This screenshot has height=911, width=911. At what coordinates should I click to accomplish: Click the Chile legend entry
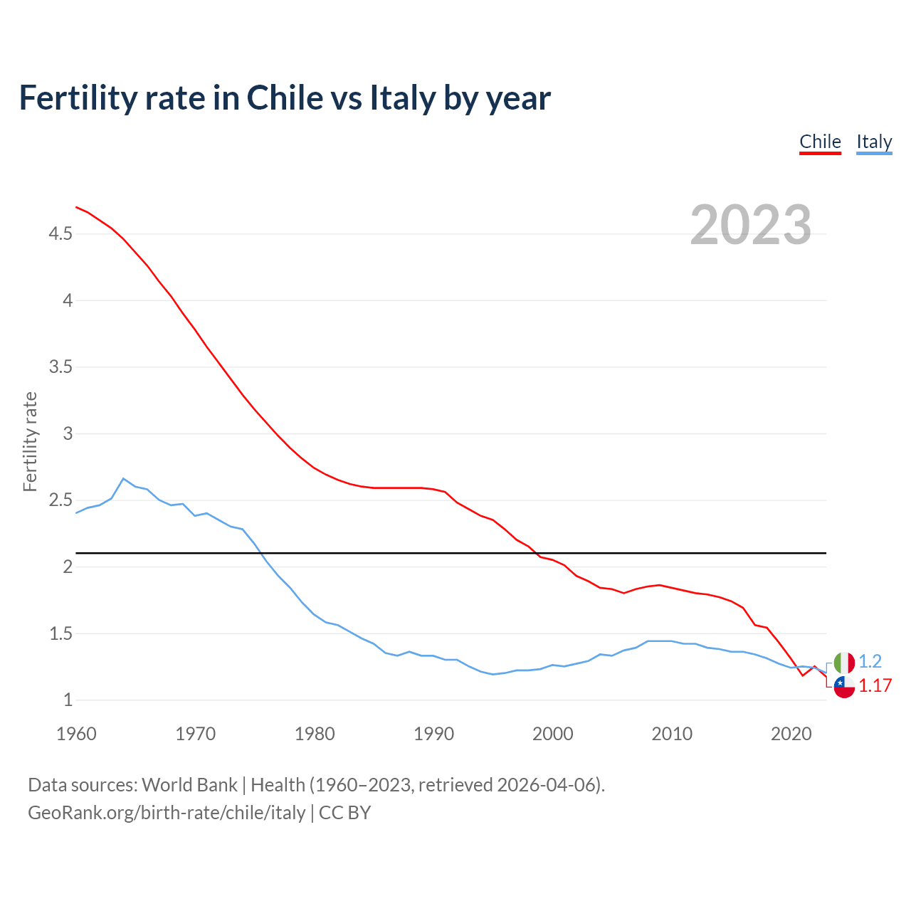tap(820, 142)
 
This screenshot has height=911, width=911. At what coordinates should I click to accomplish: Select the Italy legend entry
tap(874, 142)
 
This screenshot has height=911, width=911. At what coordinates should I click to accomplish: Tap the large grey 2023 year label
tap(751, 225)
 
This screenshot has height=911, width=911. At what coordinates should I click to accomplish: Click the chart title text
tap(285, 98)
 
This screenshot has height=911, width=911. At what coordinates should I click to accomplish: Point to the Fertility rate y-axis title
tap(30, 441)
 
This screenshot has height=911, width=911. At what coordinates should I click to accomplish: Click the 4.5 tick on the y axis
tap(60, 233)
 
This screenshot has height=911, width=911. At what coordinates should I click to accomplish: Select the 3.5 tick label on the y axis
tap(60, 367)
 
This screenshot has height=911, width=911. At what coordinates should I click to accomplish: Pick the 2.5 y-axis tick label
tap(60, 500)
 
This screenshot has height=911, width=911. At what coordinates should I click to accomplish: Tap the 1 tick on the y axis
tap(68, 700)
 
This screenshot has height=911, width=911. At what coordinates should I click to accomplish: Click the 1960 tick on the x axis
tap(76, 734)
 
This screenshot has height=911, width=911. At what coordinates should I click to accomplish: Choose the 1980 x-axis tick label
tap(315, 734)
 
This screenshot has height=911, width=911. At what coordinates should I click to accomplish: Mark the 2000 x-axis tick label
tap(552, 734)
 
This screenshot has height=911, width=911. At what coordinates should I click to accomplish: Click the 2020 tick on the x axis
tap(791, 734)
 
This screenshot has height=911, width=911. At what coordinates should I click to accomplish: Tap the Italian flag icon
tap(844, 663)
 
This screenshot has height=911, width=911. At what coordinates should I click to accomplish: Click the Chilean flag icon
tap(844, 687)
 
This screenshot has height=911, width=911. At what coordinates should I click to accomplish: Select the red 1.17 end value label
tap(875, 685)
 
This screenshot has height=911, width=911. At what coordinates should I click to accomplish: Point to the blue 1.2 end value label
tap(870, 661)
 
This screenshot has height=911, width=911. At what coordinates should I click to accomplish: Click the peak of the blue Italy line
tap(123, 478)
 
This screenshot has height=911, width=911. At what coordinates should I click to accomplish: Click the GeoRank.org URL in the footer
tap(167, 812)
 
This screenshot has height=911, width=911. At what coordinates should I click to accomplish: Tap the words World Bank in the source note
tap(189, 785)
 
